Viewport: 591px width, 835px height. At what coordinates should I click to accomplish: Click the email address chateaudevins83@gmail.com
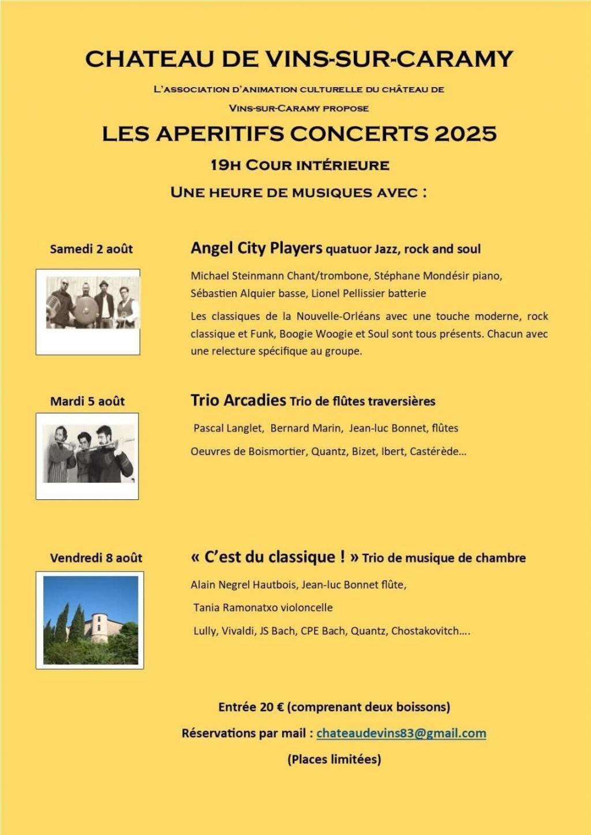[401, 733]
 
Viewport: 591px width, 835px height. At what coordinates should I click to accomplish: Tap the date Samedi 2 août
[91, 249]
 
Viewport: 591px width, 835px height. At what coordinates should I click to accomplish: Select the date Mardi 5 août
[87, 401]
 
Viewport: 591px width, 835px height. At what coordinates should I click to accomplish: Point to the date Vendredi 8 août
[96, 558]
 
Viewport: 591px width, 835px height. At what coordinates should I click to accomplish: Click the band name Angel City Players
[256, 249]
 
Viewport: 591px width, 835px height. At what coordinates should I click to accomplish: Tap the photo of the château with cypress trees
[91, 620]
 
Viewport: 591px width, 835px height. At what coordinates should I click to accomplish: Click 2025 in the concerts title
[465, 134]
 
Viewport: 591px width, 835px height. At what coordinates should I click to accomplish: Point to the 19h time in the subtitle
[225, 166]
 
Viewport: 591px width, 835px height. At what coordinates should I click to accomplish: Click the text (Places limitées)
[334, 759]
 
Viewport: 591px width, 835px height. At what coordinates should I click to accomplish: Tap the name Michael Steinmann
[234, 276]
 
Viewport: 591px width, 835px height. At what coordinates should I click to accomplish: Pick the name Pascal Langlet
[228, 428]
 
